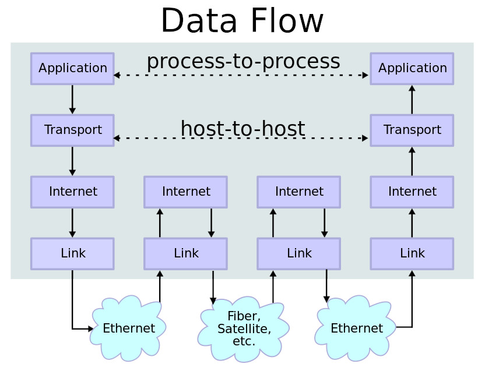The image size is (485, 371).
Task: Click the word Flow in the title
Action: click(287, 21)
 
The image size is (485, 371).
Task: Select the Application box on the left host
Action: click(72, 68)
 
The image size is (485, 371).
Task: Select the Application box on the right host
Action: click(412, 68)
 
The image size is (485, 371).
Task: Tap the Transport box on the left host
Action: click(72, 130)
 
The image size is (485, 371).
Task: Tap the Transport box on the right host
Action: click(412, 130)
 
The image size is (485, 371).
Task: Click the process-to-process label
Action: click(243, 61)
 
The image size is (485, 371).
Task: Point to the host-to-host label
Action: click(242, 129)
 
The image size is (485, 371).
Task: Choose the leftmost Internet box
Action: click(72, 192)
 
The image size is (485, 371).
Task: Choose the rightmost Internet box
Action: click(412, 192)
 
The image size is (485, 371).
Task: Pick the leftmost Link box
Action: click(72, 253)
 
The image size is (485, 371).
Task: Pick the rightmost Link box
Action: click(412, 253)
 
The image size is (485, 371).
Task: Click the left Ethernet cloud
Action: click(128, 328)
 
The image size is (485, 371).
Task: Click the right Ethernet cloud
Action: click(356, 328)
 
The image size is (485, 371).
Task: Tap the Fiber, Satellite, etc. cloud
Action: click(244, 329)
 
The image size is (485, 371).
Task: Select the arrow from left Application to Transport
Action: click(72, 99)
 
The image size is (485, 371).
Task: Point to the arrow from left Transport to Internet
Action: click(72, 161)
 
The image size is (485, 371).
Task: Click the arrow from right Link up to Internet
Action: click(412, 222)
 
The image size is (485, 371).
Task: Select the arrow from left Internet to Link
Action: click(72, 222)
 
